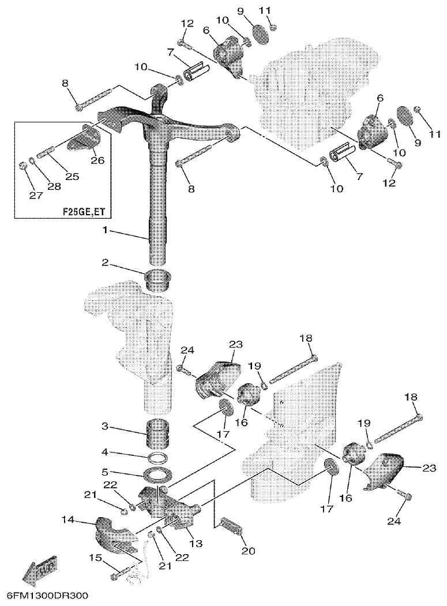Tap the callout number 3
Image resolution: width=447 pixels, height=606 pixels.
click(104, 427)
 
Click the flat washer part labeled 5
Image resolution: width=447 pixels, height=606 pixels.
click(158, 476)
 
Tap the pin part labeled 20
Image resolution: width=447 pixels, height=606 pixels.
click(232, 526)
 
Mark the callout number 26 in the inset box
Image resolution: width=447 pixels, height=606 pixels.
click(97, 160)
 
